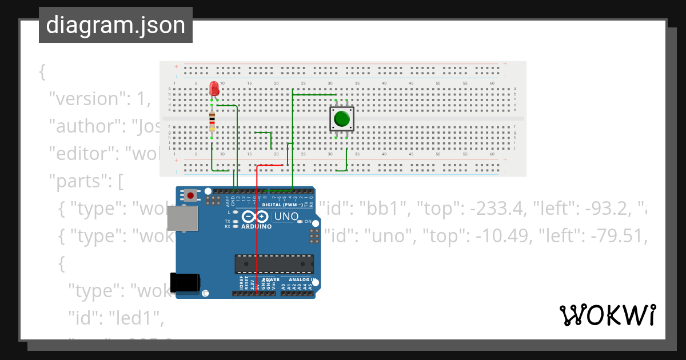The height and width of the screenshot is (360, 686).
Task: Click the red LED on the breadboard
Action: tap(214, 89)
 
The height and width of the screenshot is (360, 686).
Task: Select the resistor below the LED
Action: tap(212, 121)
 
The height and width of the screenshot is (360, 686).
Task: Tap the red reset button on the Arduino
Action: tap(191, 195)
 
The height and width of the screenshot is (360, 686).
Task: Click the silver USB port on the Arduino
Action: tap(182, 219)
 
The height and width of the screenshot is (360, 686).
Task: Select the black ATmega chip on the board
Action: tap(274, 264)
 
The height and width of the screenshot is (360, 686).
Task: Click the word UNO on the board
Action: tap(286, 217)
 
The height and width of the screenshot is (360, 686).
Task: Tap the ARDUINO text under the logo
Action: tap(256, 226)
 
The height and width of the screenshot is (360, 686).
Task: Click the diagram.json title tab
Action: tap(115, 25)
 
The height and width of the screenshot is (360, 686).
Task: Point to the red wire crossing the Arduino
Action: tap(257, 240)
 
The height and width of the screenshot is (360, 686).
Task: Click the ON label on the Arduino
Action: tap(308, 221)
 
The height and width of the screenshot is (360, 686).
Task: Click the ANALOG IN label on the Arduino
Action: tap(302, 280)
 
